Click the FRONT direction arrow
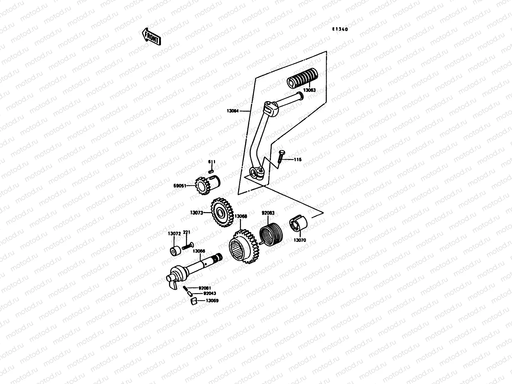(151, 36)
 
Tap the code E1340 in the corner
(340, 29)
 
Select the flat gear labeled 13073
(221, 212)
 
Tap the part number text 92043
(210, 293)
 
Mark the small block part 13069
(193, 301)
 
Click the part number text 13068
(240, 216)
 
